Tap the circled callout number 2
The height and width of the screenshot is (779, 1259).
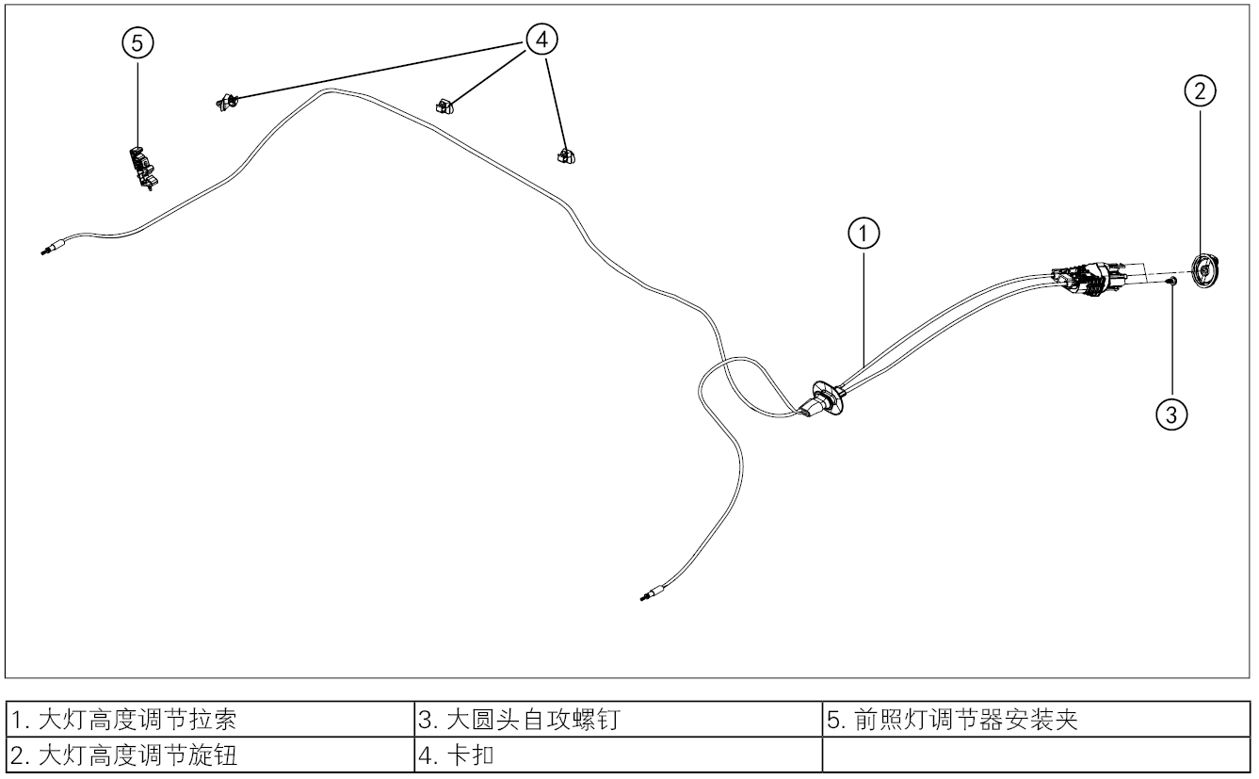coord(1199,91)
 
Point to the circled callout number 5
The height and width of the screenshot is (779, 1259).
coord(137,43)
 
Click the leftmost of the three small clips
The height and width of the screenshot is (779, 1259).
coord(226,101)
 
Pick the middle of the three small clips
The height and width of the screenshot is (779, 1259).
coord(444,105)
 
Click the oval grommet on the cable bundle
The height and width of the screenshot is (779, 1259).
coord(826,397)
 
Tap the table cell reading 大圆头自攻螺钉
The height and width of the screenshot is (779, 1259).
coord(618,722)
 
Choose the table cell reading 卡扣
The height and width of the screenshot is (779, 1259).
coord(618,755)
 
